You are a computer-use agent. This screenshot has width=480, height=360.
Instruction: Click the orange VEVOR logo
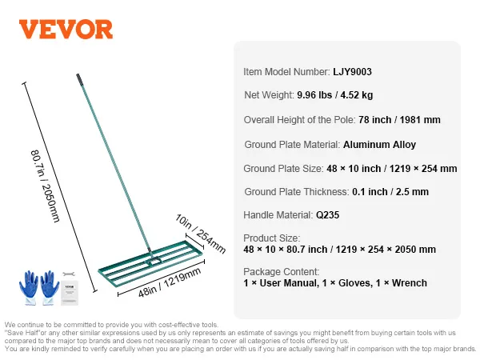(66, 30)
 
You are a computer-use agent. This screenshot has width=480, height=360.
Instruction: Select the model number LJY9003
(352, 72)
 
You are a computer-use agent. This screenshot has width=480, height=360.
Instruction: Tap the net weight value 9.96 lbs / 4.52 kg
(334, 95)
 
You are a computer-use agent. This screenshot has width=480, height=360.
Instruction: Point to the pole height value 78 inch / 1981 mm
(399, 120)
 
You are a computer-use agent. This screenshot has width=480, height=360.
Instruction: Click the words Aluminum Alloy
(379, 145)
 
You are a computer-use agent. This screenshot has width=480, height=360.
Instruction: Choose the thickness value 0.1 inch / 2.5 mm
(390, 192)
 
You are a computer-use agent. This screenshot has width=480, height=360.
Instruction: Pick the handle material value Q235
(327, 215)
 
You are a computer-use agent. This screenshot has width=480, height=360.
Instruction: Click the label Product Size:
(271, 238)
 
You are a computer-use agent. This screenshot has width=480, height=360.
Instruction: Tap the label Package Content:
(281, 271)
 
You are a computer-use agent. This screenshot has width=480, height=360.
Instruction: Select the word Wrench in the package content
(409, 283)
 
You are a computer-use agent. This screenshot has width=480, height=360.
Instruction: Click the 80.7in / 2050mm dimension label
(45, 186)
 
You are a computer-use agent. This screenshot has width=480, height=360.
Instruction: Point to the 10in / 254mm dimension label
(200, 234)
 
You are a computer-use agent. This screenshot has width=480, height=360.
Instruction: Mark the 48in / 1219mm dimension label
(170, 282)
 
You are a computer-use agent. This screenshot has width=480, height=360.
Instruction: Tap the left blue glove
(29, 287)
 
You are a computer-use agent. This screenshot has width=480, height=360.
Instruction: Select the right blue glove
(50, 287)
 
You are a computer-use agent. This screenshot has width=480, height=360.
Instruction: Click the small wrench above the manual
(69, 274)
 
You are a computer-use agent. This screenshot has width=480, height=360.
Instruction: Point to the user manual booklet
(70, 293)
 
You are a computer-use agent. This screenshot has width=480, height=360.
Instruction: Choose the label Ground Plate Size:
(283, 169)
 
